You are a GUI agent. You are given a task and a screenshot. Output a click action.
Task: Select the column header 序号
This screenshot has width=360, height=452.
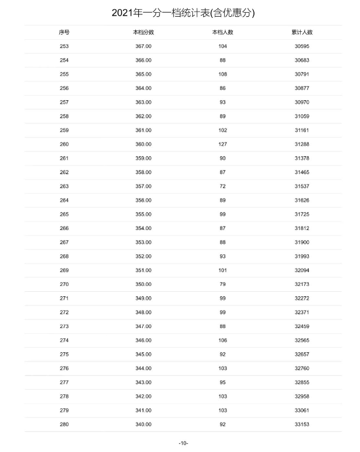(64, 32)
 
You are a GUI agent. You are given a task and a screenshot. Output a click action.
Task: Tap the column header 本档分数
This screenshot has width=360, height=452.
(143, 32)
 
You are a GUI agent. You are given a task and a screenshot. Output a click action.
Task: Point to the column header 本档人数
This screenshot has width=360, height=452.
(222, 32)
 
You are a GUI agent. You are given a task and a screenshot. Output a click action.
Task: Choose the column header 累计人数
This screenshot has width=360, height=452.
(302, 32)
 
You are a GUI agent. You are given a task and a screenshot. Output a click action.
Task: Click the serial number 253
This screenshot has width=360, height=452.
(64, 46)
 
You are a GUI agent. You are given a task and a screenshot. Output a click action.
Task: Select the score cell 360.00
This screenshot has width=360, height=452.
(143, 144)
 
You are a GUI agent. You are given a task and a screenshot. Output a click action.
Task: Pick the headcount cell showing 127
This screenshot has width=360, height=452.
(222, 144)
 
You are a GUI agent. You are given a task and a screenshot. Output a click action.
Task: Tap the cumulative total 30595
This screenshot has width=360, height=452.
(302, 46)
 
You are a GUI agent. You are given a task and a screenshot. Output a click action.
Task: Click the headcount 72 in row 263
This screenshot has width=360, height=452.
(222, 186)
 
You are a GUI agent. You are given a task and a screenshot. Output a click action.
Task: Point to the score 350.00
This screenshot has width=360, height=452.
(143, 284)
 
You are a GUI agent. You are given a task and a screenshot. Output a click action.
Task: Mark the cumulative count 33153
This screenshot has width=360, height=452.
(302, 424)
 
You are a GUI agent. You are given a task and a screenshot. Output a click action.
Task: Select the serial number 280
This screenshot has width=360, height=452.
(64, 424)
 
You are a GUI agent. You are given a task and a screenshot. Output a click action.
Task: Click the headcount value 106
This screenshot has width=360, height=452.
(222, 340)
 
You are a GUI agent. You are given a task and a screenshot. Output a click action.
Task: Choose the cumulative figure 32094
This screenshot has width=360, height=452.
(302, 270)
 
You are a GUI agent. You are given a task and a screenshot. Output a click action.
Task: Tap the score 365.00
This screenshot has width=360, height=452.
(143, 74)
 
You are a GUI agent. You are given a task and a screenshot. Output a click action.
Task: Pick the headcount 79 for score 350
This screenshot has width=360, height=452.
(222, 284)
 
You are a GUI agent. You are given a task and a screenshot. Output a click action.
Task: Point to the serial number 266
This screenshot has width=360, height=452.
(64, 228)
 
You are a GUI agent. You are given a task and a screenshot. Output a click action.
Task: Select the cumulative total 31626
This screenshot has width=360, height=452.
(302, 200)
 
